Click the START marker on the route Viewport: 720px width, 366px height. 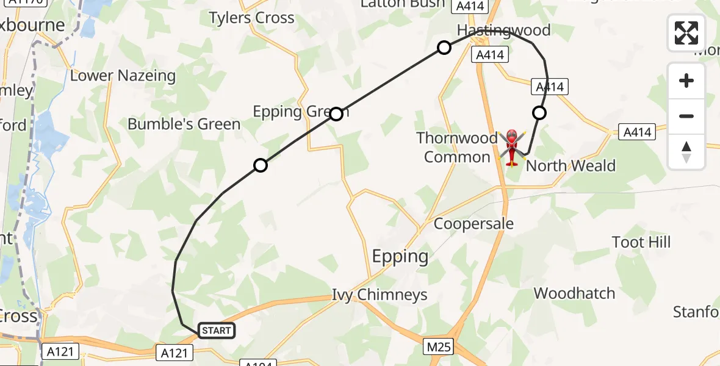217,331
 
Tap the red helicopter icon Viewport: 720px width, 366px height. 511,147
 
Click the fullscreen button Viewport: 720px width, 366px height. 686,33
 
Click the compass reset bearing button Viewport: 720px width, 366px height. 686,152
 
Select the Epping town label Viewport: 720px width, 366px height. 400,256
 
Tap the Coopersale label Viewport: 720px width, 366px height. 473,223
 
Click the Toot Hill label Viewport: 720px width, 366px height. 641,242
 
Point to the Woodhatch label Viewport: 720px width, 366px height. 574,293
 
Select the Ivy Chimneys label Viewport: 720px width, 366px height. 380,295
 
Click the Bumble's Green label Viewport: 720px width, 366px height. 184,124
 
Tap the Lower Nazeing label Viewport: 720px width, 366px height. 123,76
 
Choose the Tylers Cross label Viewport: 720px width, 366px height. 252,18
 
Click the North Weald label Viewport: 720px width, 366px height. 571,166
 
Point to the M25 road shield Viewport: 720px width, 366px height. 439,347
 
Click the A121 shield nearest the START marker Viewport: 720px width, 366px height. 175,353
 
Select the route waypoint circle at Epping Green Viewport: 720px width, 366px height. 336,113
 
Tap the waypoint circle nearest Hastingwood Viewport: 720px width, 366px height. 444,48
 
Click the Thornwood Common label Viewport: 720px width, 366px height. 457,148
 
